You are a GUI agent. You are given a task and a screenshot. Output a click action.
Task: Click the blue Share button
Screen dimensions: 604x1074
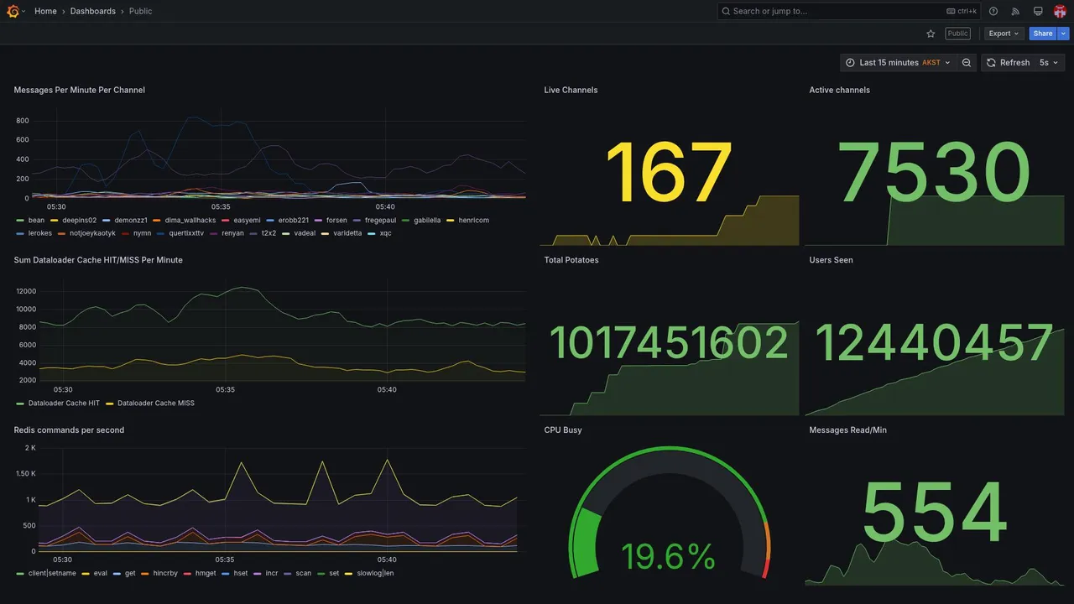(1043, 34)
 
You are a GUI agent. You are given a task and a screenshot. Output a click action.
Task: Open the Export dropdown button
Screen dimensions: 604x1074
(1004, 34)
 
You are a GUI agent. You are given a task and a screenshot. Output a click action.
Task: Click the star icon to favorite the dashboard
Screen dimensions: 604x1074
(931, 34)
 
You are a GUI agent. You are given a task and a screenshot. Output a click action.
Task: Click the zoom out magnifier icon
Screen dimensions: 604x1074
(967, 63)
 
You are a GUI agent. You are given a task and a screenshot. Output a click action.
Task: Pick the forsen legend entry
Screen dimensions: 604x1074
(336, 221)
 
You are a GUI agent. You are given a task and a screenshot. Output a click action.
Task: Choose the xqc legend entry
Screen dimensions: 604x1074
(385, 233)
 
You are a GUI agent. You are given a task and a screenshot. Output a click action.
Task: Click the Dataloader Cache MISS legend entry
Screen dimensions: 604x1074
(155, 404)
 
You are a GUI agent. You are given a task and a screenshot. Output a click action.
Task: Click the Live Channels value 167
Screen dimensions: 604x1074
(669, 174)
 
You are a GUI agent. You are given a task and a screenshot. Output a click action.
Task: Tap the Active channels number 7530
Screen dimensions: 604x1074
(934, 174)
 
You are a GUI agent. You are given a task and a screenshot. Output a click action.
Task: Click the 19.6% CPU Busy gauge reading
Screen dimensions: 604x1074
(668, 556)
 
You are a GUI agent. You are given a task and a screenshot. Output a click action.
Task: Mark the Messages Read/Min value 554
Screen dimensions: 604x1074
(934, 513)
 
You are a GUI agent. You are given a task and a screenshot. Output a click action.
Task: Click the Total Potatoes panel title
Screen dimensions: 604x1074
(571, 260)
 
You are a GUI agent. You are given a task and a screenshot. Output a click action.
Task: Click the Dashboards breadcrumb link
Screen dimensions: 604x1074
(93, 11)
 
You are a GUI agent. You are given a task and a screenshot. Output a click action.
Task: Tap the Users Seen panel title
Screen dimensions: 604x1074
(831, 260)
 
